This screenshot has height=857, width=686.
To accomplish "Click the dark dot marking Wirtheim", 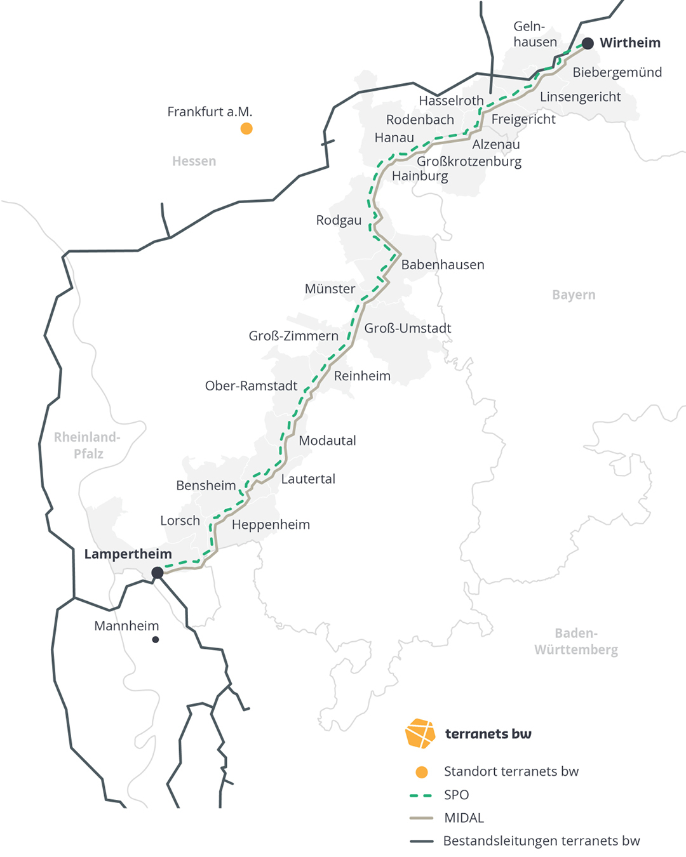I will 588,43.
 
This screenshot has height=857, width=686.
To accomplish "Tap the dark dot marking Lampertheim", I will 158,573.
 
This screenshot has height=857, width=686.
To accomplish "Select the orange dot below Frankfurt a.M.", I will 246,129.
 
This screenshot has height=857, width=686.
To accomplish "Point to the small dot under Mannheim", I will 156,639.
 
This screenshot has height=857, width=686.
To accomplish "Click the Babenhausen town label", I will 443,265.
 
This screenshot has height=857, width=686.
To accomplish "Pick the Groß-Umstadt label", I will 407,328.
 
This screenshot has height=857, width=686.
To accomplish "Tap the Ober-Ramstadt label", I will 251,386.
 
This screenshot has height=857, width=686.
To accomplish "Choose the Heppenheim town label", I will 271,525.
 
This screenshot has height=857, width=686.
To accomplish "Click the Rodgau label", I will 339,220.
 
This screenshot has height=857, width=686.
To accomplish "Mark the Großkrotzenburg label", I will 469,161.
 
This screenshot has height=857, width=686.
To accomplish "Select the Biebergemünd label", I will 617,72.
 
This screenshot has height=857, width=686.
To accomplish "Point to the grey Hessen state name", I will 194,161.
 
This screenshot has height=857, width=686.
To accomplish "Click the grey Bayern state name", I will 574,295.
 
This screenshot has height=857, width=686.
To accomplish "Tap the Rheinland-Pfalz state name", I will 88,445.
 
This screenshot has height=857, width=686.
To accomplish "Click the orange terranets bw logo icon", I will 420,733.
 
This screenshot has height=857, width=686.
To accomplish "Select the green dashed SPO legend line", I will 421,795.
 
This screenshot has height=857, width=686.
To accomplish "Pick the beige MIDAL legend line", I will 421,818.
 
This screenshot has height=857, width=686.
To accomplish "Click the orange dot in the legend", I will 421,772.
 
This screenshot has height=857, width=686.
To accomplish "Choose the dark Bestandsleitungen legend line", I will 421,841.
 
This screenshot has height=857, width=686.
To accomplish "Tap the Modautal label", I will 327,441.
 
